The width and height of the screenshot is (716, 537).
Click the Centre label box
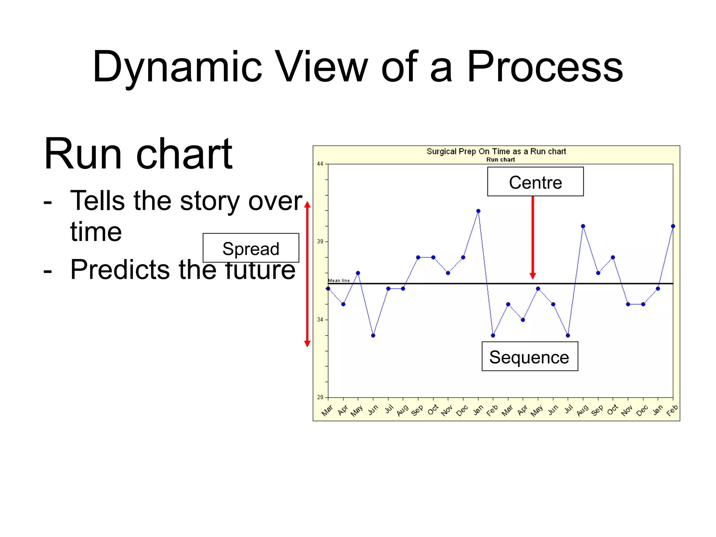click(x=535, y=182)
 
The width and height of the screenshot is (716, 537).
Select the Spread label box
click(x=251, y=248)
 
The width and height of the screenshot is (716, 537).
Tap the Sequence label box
click(x=529, y=357)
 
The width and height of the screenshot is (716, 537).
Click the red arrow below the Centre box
click(x=532, y=238)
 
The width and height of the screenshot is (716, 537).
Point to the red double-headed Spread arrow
click(x=307, y=274)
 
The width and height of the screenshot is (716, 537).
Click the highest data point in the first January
click(x=478, y=211)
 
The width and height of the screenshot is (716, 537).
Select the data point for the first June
click(x=373, y=335)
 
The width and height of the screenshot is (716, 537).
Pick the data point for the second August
click(x=583, y=226)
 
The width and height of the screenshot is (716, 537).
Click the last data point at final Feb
click(x=673, y=226)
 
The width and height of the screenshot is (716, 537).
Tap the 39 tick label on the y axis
click(x=320, y=242)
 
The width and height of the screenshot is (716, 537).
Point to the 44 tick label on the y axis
click(x=320, y=164)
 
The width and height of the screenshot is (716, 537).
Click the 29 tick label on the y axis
click(x=320, y=397)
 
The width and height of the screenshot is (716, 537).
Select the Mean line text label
click(x=339, y=280)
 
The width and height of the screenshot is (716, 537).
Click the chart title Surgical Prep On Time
click(x=496, y=151)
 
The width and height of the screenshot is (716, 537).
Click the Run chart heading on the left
click(x=138, y=154)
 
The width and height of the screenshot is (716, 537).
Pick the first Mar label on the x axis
click(x=327, y=410)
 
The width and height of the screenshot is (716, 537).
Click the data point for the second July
click(x=568, y=335)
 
